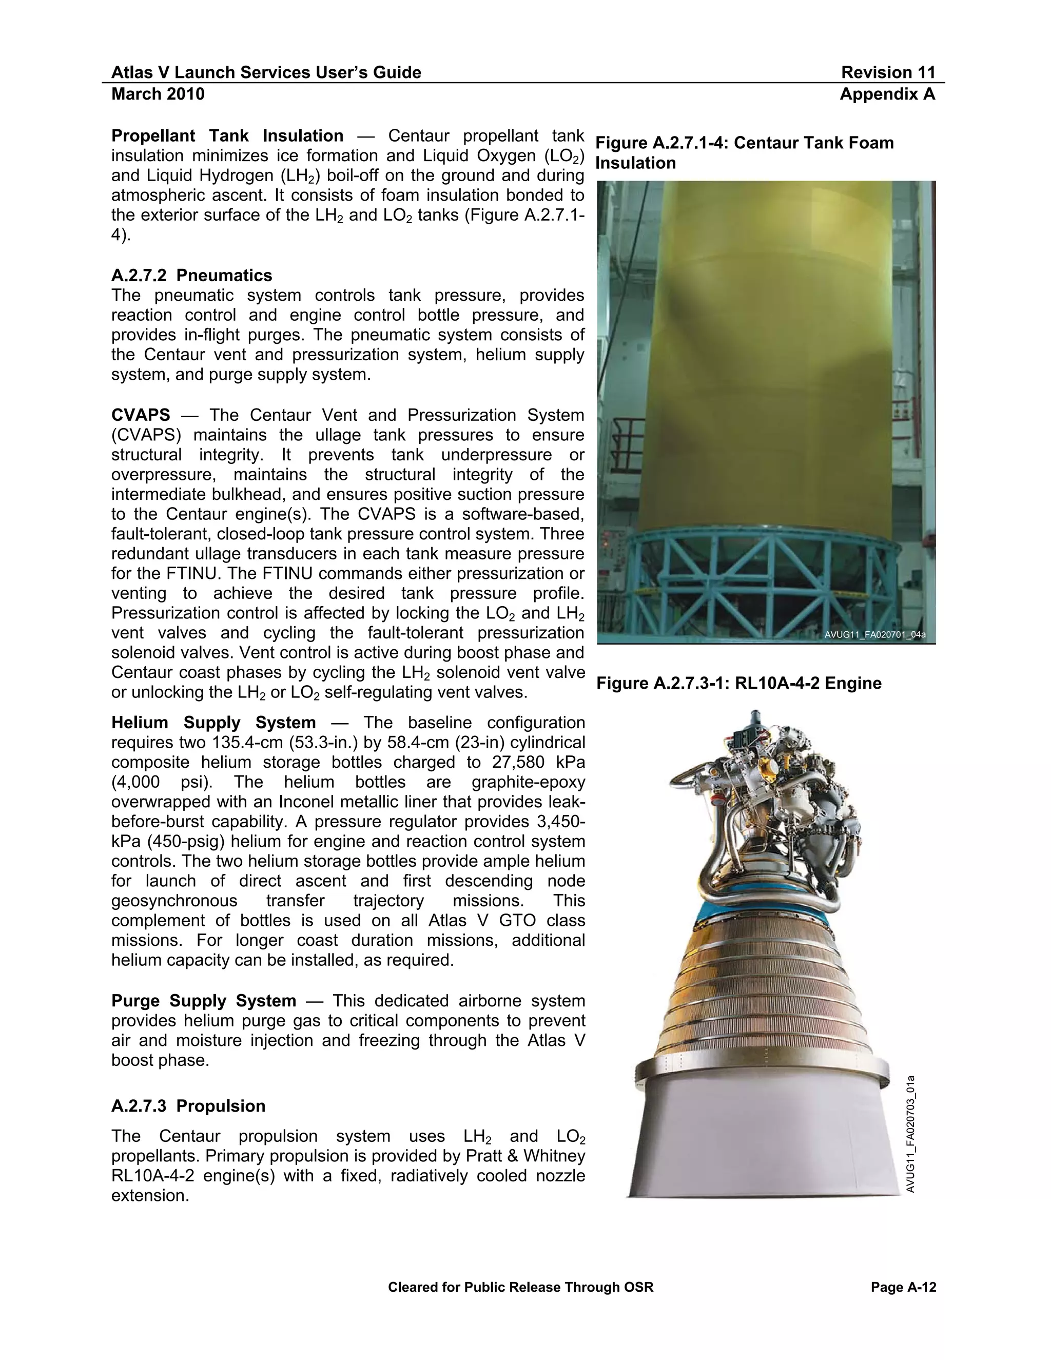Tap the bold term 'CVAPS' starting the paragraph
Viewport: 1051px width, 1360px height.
point(141,415)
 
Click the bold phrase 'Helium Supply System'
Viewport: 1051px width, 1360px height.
point(213,723)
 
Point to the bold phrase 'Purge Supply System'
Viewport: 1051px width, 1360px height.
point(204,1001)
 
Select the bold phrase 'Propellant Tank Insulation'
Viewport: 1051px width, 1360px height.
point(227,136)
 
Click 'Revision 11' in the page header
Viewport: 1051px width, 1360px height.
point(888,72)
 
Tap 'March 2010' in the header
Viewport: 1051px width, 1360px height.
point(158,94)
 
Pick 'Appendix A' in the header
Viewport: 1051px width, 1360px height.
point(887,94)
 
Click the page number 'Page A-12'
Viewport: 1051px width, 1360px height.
point(903,1287)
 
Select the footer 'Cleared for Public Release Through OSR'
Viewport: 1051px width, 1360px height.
point(520,1287)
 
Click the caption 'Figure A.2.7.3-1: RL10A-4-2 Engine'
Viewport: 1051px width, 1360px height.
point(739,683)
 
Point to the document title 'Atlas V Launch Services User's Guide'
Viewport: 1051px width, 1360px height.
point(266,72)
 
